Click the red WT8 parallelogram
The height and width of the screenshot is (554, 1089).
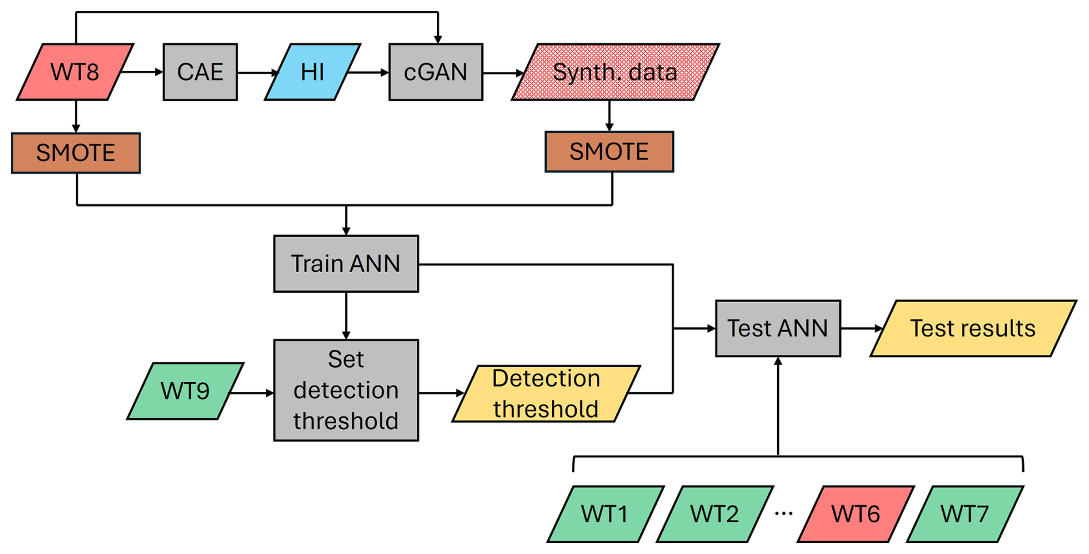tap(75, 72)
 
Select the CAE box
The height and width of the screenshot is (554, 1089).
tap(200, 72)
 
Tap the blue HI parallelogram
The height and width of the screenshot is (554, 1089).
tap(313, 72)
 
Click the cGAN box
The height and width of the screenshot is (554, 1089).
tap(436, 72)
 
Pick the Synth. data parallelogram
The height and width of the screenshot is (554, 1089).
tap(615, 72)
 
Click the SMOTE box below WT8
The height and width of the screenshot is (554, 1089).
tap(75, 153)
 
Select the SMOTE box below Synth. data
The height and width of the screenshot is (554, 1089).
tap(609, 152)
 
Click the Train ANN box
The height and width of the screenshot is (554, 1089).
tap(346, 263)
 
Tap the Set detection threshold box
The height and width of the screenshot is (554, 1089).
tap(346, 390)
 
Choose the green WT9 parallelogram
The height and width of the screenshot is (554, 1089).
tap(185, 391)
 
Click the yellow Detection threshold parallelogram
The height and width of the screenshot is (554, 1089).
tap(546, 393)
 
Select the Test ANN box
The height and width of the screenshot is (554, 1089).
tap(778, 328)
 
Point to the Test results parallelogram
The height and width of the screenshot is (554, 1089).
tap(973, 328)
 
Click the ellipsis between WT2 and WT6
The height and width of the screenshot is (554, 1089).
tap(783, 513)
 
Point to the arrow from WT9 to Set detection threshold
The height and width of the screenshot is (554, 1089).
tap(252, 393)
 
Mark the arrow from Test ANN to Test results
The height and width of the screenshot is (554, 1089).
tap(861, 328)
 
